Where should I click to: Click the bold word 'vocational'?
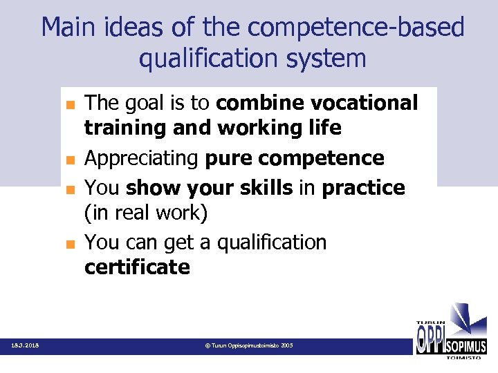coord(365,103)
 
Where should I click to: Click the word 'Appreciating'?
coord(141,159)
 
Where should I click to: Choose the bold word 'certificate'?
coord(137,267)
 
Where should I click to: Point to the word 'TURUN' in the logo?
coord(430,323)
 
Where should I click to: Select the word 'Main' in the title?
coord(71,28)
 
